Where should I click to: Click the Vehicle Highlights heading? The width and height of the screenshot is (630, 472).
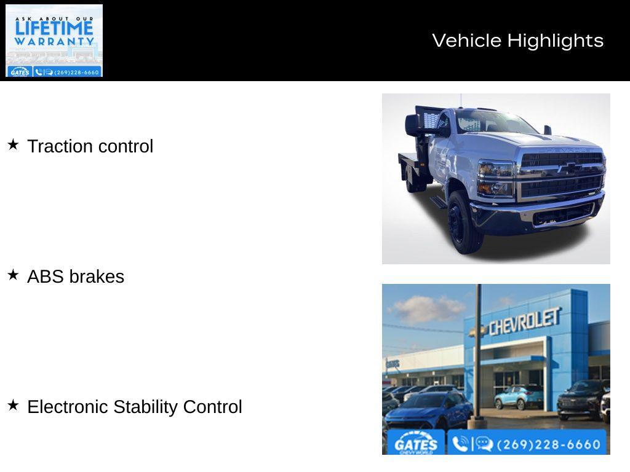[x=517, y=41]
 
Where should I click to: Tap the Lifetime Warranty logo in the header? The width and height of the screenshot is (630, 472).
[x=54, y=41]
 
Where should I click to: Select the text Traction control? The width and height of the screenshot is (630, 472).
[x=90, y=146]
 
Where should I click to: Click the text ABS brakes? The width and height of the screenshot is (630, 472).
[x=76, y=277]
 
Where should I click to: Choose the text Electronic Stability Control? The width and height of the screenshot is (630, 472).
[x=135, y=407]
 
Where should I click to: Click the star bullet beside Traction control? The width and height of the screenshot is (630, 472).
[x=13, y=144]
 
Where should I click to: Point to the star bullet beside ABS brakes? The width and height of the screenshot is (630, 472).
[x=13, y=275]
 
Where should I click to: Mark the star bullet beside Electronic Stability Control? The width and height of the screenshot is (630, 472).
[x=13, y=405]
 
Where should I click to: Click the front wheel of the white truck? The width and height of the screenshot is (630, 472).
[x=463, y=222]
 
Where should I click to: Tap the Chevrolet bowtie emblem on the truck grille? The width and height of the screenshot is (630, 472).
[x=572, y=167]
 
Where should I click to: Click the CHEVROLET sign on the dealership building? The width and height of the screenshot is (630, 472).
[x=524, y=321]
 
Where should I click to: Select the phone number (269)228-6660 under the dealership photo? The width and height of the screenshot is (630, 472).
[x=548, y=444]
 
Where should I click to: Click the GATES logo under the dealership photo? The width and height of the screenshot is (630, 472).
[x=416, y=444]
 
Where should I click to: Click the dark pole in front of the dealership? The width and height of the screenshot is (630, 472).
[x=478, y=356]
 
